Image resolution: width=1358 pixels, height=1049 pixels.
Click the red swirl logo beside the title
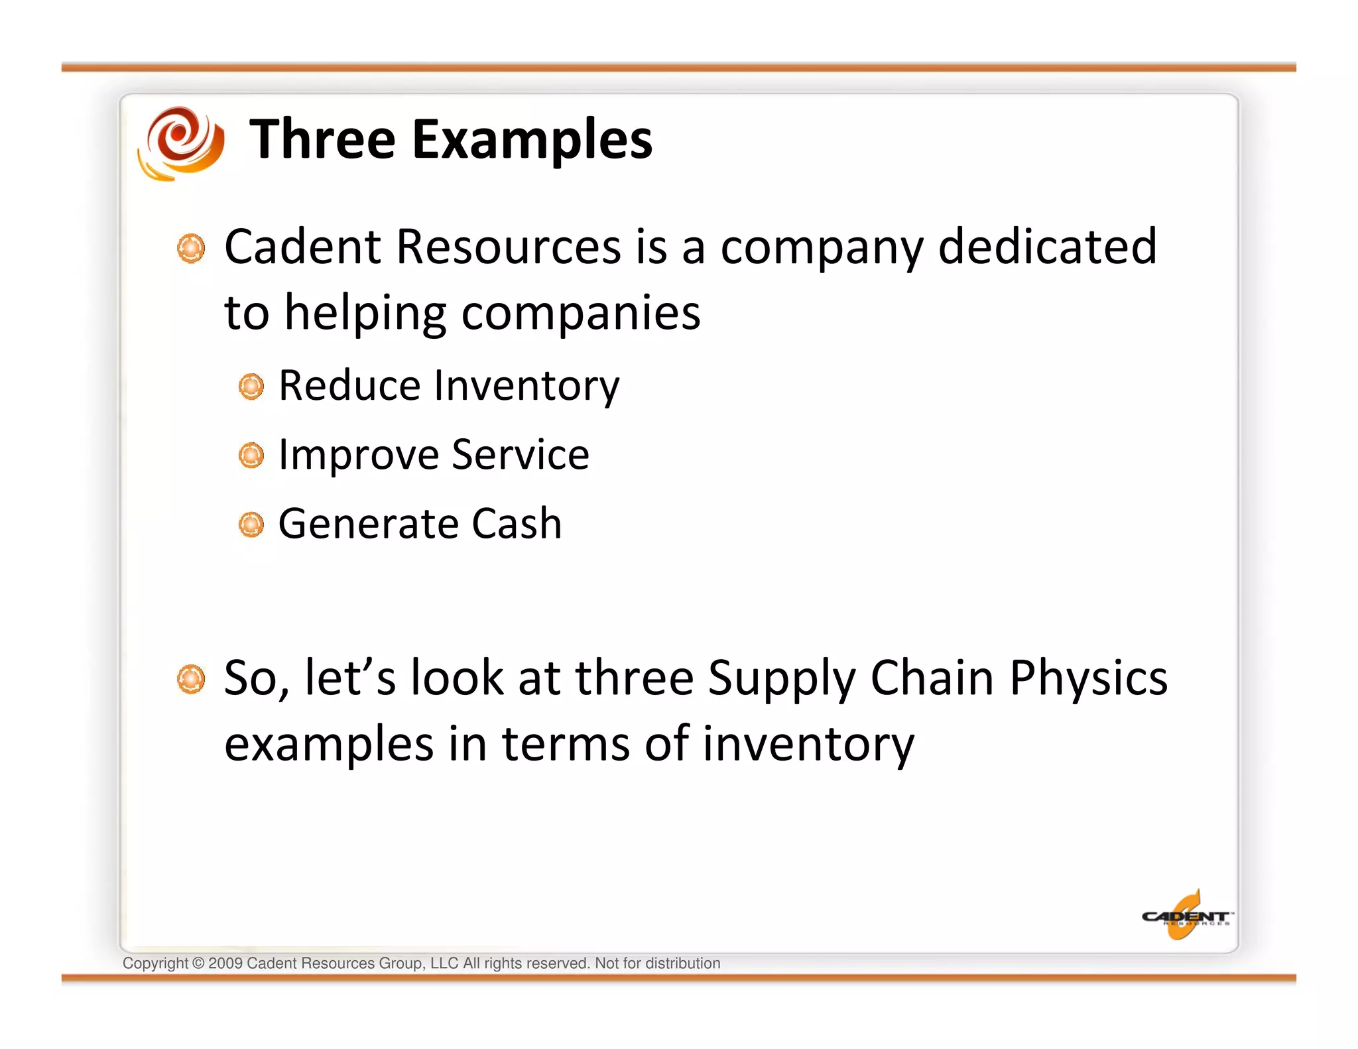point(180,143)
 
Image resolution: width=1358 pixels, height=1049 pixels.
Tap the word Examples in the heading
point(532,141)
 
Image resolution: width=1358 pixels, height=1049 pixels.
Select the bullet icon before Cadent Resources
point(192,248)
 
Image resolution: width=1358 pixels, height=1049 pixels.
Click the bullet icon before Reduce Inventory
point(251,386)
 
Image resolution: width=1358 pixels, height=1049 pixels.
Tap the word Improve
point(359,456)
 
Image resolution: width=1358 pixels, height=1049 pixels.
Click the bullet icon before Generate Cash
point(251,524)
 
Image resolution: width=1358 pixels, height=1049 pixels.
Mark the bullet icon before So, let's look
point(192,679)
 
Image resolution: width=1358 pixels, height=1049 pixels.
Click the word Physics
point(1088,679)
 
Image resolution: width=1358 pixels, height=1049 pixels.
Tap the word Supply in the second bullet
point(782,679)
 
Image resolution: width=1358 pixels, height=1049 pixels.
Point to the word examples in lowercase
point(329,744)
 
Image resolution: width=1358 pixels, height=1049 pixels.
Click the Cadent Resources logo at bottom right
point(1186,916)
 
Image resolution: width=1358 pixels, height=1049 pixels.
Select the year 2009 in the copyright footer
point(225,963)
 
